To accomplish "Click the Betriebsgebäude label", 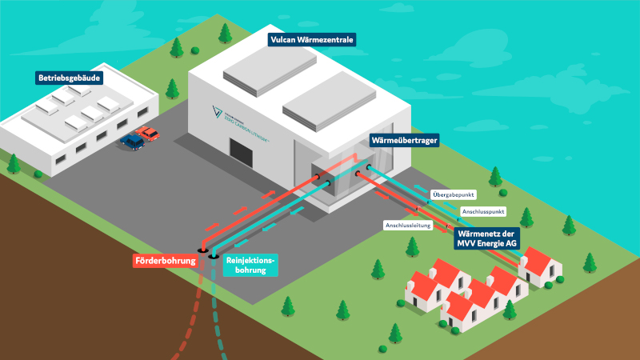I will [71, 78].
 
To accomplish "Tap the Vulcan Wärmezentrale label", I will [311, 38].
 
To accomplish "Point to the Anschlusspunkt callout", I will [482, 211].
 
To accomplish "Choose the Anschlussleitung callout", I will [409, 226].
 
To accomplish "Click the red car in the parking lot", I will [146, 133].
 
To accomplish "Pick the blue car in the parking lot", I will [132, 142].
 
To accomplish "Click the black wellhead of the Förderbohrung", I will [202, 250].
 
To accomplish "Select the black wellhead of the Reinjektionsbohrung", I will [214, 255].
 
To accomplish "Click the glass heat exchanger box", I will [339, 178].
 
